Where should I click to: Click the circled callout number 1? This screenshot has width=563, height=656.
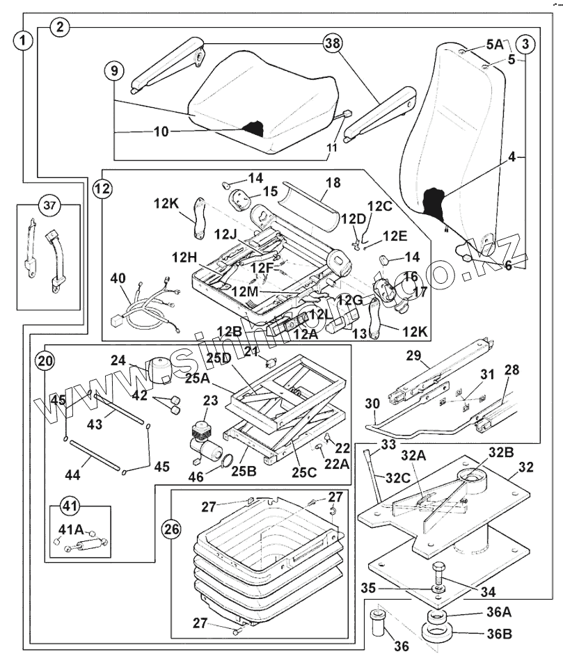pos(24,40)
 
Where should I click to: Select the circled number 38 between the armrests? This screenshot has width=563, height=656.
pos(333,43)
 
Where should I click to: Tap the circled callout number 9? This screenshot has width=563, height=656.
pos(115,71)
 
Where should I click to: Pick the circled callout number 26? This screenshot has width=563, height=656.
pos(171,529)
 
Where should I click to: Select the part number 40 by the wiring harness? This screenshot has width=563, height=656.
pos(119,279)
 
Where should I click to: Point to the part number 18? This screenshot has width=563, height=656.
pos(333,182)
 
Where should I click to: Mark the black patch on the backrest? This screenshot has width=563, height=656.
pos(437,202)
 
